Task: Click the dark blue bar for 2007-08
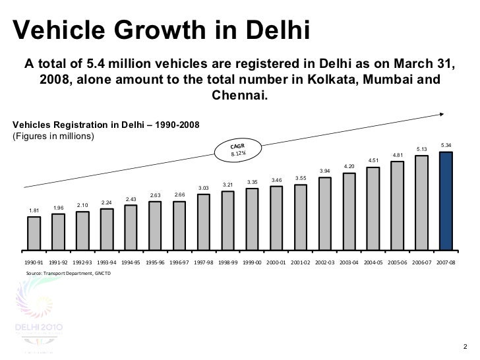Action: click(x=446, y=201)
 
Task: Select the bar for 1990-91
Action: click(x=34, y=234)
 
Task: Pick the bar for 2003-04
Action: click(x=349, y=211)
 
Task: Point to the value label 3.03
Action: click(x=204, y=187)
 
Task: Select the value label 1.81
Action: click(x=34, y=210)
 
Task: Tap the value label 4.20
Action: click(x=349, y=165)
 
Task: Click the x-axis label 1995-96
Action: click(x=155, y=262)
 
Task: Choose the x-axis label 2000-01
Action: click(x=276, y=262)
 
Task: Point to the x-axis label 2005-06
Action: click(x=398, y=262)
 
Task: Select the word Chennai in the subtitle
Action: click(x=239, y=94)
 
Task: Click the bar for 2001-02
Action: click(x=301, y=217)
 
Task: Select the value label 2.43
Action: click(x=131, y=199)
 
